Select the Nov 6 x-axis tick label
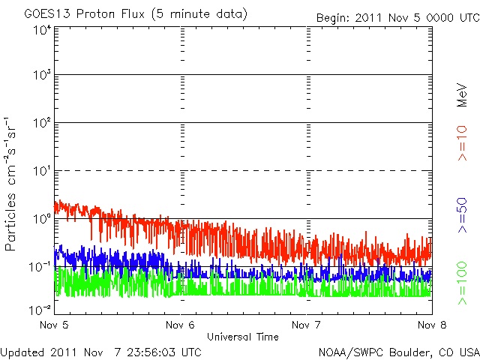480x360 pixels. click(x=181, y=325)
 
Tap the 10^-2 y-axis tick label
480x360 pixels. click(x=40, y=310)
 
